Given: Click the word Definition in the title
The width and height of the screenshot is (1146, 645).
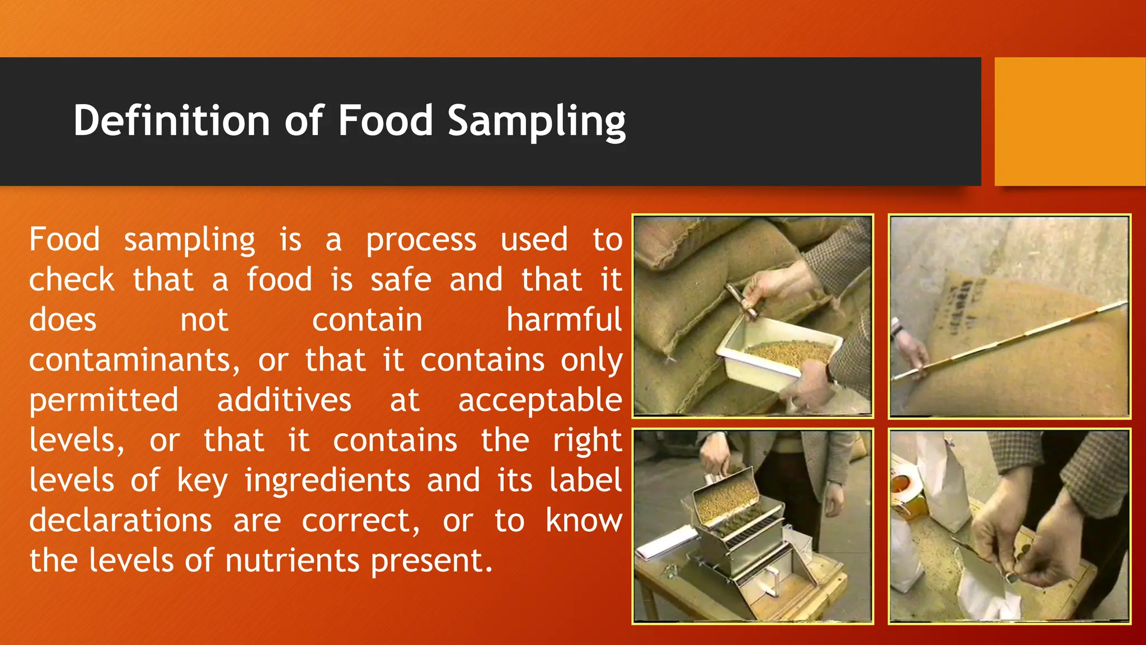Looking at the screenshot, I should point(172,120).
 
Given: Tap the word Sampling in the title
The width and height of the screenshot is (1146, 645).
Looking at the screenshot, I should point(536,121).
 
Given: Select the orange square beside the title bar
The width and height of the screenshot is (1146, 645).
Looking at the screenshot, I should point(1069,121).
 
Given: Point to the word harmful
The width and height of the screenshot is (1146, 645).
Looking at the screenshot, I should point(563,320).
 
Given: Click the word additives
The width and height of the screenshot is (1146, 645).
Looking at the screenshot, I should point(284,400).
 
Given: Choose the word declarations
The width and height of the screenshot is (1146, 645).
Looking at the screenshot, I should point(121,521).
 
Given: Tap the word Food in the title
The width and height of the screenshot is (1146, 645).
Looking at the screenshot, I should point(385,120).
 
